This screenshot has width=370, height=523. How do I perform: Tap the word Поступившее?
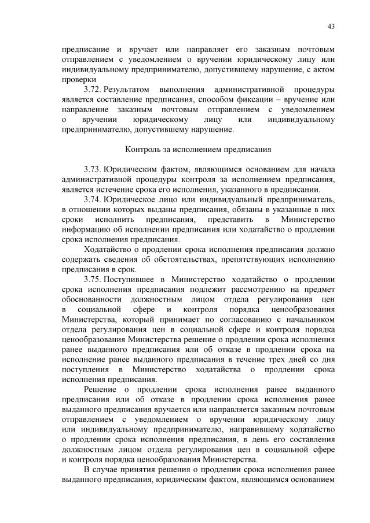pyautogui.click(x=133, y=280)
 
